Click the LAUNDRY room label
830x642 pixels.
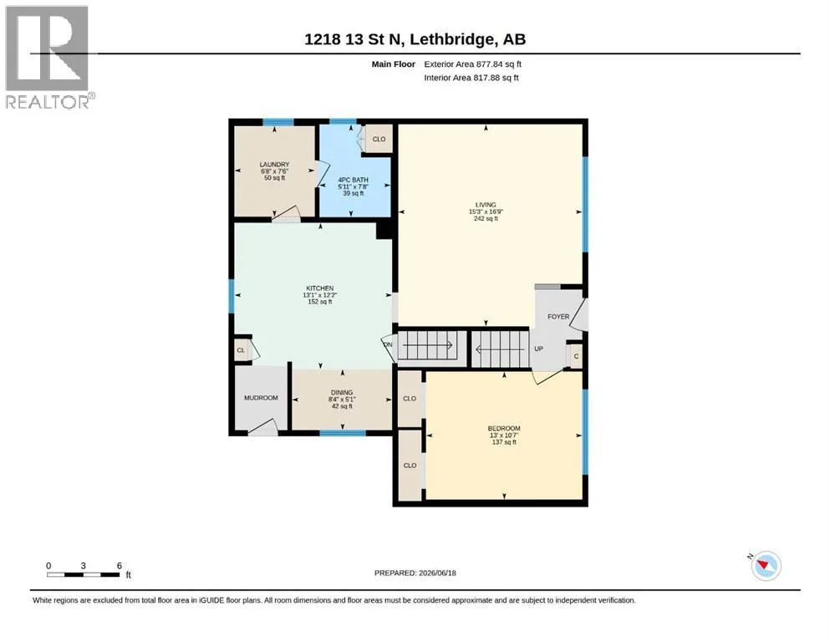[x=274, y=165]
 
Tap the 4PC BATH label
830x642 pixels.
[x=353, y=180]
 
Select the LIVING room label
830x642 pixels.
[x=486, y=205]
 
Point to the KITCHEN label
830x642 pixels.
[x=320, y=288]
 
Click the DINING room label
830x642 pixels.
[x=342, y=393]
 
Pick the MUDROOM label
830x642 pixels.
[x=261, y=398]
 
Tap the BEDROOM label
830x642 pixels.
[x=504, y=428]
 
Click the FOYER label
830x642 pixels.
[x=558, y=317]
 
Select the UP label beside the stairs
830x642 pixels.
[x=539, y=349]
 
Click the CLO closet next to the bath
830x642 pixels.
[x=379, y=140]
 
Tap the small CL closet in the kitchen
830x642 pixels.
[x=241, y=350]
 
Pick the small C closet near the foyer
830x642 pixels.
[x=577, y=357]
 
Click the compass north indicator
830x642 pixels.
[x=765, y=565]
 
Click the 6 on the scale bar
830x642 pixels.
[x=120, y=565]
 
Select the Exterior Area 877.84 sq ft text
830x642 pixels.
[x=473, y=64]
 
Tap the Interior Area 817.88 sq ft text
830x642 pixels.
[x=471, y=78]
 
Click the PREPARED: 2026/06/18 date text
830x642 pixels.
[x=415, y=573]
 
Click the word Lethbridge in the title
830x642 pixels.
[x=452, y=39]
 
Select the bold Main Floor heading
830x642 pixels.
[x=394, y=64]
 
